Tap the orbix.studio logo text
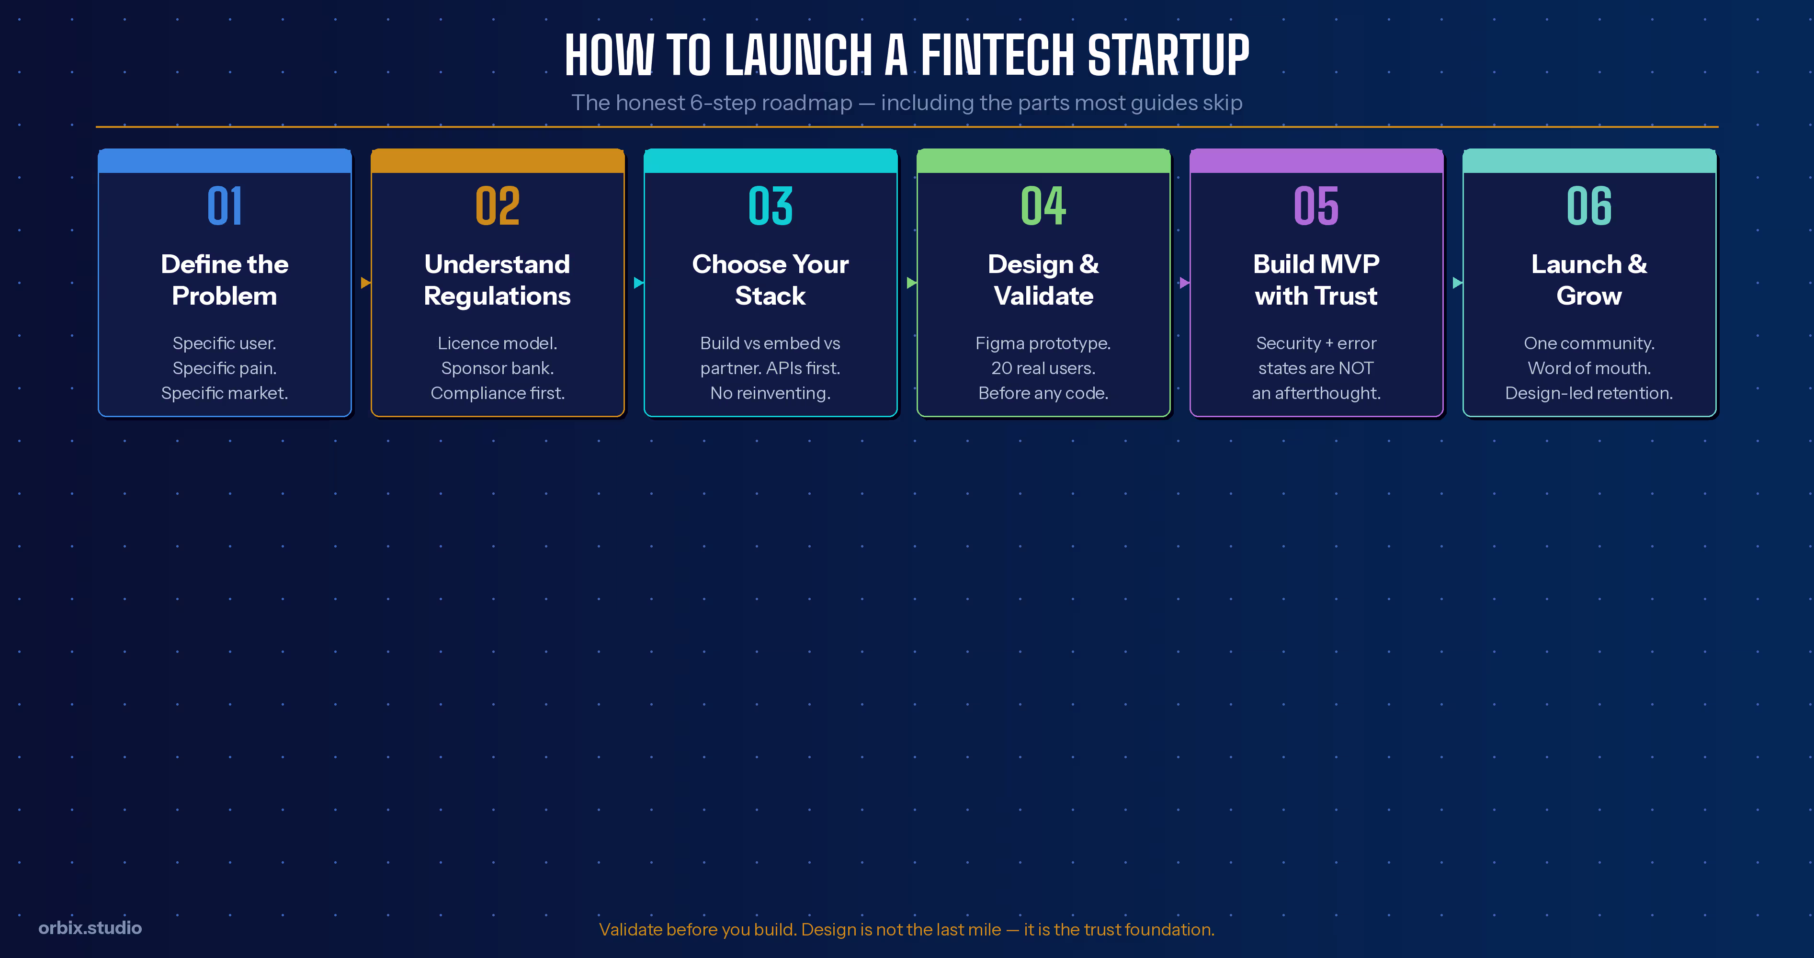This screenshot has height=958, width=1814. (x=90, y=928)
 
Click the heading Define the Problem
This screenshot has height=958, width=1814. (x=225, y=280)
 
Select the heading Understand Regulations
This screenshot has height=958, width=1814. (x=497, y=280)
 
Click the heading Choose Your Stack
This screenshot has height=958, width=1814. (x=771, y=280)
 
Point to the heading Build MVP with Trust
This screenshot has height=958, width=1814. (x=1316, y=280)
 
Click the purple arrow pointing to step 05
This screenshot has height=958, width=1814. (x=1184, y=283)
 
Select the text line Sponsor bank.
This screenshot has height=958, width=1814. (x=497, y=368)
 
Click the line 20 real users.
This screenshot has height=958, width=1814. (x=1043, y=368)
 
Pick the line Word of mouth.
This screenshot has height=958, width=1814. (x=1588, y=368)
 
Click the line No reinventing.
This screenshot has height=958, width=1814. (x=771, y=393)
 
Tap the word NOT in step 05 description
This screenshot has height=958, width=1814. (x=1356, y=368)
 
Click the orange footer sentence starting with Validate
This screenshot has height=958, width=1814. (x=907, y=929)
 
